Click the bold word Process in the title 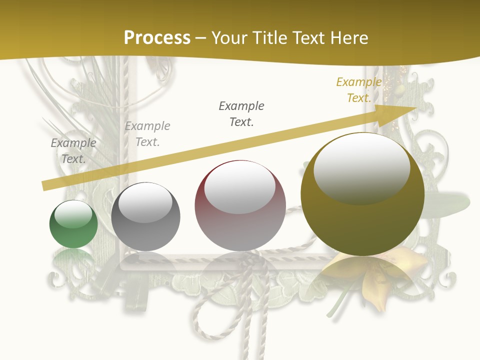point(157,38)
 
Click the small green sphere point(73,224)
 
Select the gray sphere point(145,217)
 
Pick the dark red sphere point(240,206)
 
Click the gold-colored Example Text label point(359,90)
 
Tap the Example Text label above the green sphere point(73,150)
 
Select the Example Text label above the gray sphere point(147,134)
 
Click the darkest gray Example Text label point(241,113)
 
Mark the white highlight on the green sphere point(73,214)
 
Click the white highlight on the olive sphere point(361,166)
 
